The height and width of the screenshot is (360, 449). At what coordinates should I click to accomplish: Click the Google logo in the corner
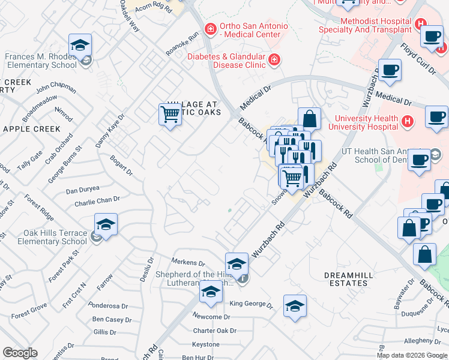(20, 353)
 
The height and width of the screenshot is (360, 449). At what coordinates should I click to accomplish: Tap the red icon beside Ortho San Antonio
(210, 28)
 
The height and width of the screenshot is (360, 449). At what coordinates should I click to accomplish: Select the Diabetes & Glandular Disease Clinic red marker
(274, 59)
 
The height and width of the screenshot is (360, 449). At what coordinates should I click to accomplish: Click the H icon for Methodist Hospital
(421, 25)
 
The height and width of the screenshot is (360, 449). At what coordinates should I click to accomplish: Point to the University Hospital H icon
(408, 122)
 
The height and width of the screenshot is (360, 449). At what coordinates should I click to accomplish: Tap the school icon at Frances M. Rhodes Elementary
(79, 46)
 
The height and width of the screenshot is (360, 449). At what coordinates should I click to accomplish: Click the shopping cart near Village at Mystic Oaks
(170, 113)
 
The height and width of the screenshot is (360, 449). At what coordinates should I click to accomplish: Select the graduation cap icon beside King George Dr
(295, 306)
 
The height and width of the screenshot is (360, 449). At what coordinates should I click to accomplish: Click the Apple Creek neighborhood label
(32, 129)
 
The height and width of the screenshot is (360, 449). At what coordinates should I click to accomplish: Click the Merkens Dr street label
(188, 262)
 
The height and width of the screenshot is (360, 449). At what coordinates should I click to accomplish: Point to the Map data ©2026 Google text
(412, 355)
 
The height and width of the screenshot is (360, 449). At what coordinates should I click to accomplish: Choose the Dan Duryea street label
(82, 189)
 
